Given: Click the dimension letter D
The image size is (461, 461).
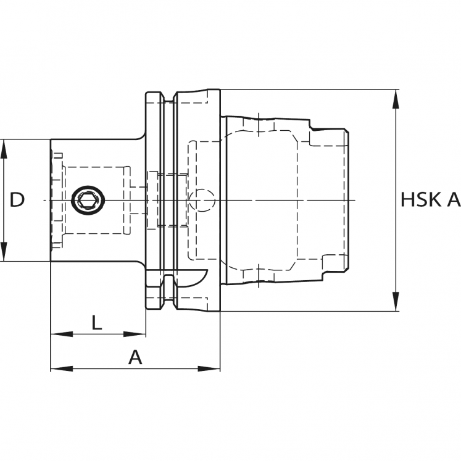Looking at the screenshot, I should [18, 200].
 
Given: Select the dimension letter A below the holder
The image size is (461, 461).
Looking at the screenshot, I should [135, 357].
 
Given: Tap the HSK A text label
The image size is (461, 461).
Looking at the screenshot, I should [430, 200].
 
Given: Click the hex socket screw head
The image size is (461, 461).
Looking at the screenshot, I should [86, 201].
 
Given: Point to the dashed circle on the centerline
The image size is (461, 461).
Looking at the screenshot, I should [201, 201].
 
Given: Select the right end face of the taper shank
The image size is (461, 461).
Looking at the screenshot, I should [349, 201].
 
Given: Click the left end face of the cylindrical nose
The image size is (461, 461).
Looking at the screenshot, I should [51, 201].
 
